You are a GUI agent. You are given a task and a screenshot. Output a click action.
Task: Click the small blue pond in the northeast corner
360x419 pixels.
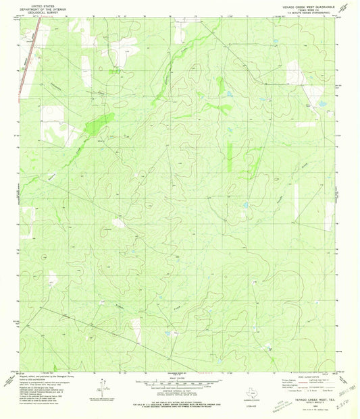pyautogui.click(x=322, y=104)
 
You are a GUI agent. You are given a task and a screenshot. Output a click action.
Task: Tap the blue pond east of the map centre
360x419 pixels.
pyautogui.click(x=246, y=204)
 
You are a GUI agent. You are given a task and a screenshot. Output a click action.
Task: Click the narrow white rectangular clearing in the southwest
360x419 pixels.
pyautogui.click(x=138, y=329)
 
